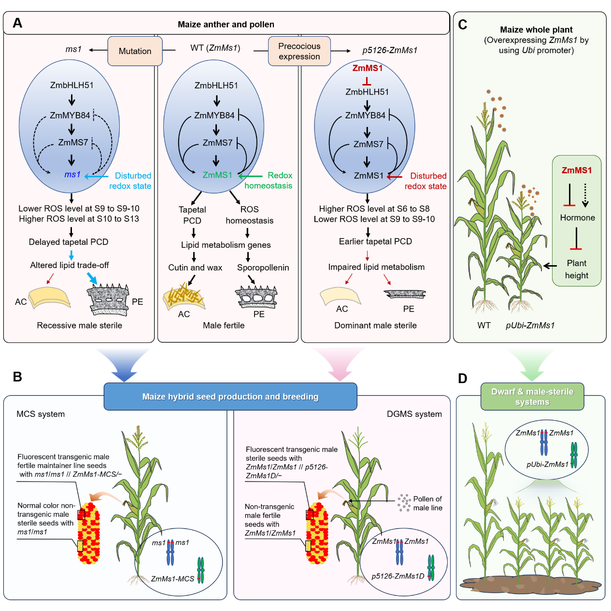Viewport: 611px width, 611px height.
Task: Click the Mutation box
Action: click(x=135, y=51)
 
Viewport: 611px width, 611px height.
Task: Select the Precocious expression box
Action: click(x=299, y=51)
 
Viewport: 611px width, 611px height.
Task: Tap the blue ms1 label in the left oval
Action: click(x=72, y=174)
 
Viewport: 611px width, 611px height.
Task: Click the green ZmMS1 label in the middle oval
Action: click(x=217, y=175)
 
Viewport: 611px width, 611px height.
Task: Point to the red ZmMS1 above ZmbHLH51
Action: click(x=367, y=68)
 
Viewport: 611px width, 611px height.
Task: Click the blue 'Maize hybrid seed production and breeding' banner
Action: click(x=230, y=397)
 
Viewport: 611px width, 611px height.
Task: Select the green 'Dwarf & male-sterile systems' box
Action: click(x=532, y=397)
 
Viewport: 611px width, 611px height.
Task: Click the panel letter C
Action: click(x=463, y=25)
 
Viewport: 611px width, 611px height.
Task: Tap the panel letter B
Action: click(x=17, y=377)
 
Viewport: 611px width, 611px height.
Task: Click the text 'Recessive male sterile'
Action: click(x=79, y=326)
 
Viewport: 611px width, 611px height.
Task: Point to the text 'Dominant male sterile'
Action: click(x=375, y=326)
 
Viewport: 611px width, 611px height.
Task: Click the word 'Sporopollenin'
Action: click(x=263, y=268)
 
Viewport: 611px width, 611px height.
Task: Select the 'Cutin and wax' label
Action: click(x=195, y=268)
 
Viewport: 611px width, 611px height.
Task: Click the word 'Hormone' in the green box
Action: click(x=577, y=217)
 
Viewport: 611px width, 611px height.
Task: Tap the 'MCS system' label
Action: click(x=41, y=414)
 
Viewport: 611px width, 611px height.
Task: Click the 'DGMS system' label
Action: click(x=414, y=414)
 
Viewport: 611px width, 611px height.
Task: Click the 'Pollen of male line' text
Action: click(x=427, y=503)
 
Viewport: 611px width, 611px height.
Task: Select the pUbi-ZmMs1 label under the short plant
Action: click(x=530, y=326)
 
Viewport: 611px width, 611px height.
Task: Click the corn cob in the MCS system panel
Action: click(x=89, y=533)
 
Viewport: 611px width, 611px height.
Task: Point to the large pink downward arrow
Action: click(x=339, y=365)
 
